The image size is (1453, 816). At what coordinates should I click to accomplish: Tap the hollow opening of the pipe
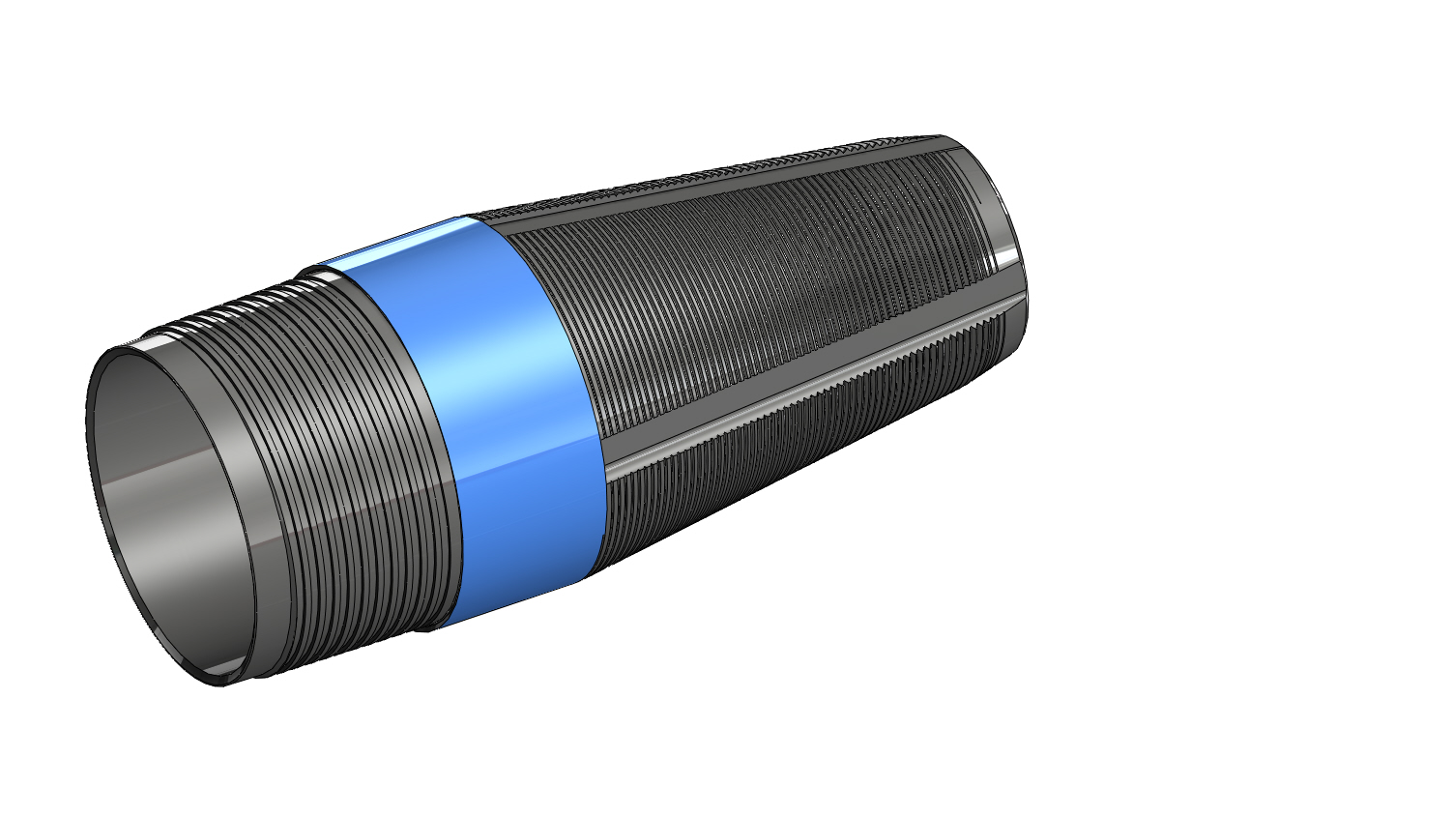pyautogui.click(x=174, y=512)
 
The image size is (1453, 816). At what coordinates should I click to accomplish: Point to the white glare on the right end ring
pyautogui.click(x=1005, y=256)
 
